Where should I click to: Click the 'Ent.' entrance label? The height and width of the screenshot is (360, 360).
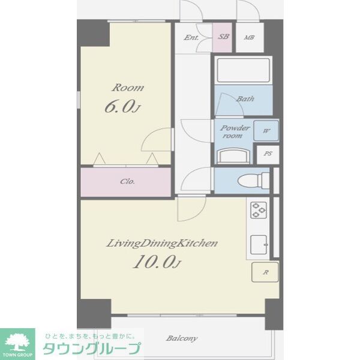pyautogui.click(x=191, y=37)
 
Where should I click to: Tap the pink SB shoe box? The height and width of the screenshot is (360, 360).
pyautogui.click(x=223, y=37)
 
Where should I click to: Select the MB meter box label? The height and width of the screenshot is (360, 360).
pyautogui.click(x=249, y=37)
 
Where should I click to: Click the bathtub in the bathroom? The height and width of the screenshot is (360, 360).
pyautogui.click(x=243, y=71)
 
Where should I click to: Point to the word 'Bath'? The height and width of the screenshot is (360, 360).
pyautogui.click(x=244, y=99)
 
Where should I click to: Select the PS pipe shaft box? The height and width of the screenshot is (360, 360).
pyautogui.click(x=268, y=154)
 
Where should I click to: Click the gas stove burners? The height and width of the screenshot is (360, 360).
pyautogui.click(x=259, y=210)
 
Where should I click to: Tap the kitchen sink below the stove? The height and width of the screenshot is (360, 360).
pyautogui.click(x=259, y=244)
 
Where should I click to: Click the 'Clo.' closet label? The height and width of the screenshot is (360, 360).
pyautogui.click(x=127, y=181)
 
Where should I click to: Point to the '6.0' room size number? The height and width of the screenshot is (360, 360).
pyautogui.click(x=121, y=107)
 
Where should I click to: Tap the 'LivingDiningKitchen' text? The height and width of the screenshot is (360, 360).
pyautogui.click(x=161, y=243)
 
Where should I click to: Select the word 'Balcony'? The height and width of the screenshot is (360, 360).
pyautogui.click(x=181, y=338)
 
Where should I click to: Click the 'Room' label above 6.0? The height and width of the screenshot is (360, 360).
pyautogui.click(x=128, y=88)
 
